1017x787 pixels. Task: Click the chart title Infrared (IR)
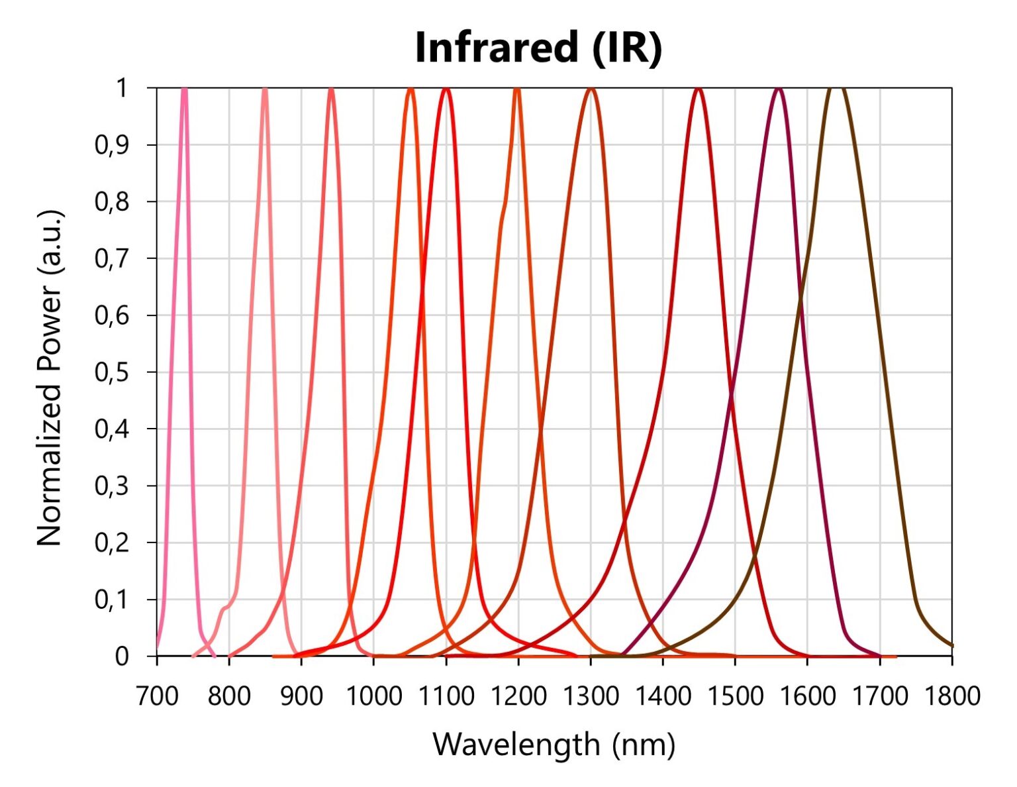(x=538, y=48)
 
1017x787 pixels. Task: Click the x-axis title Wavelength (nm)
(x=554, y=744)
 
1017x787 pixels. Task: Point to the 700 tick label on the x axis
(x=156, y=696)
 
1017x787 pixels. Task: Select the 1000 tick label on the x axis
(x=373, y=696)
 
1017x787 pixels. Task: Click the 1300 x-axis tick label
(x=591, y=696)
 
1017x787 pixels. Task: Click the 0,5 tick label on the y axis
(x=111, y=372)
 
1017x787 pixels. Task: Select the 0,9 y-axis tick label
(x=111, y=145)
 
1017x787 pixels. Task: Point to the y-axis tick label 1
(x=122, y=88)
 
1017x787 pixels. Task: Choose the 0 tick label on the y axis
(x=122, y=656)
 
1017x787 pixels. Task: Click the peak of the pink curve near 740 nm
(x=185, y=89)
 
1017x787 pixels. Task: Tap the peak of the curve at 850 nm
(x=265, y=89)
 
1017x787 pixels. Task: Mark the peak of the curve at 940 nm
(x=331, y=89)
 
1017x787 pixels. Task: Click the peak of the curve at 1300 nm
(x=591, y=89)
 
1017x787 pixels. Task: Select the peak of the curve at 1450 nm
(x=699, y=89)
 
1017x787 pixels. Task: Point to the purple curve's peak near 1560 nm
(x=779, y=89)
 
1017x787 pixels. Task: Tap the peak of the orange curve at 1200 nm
(x=517, y=89)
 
